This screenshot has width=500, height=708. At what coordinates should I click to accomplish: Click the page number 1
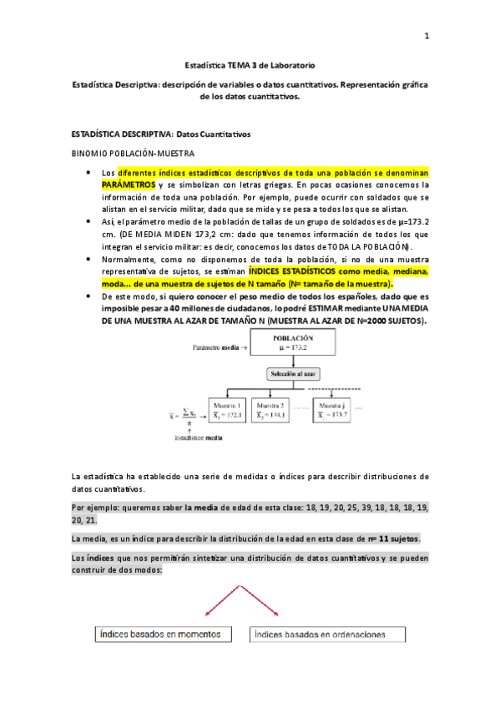[427, 35]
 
